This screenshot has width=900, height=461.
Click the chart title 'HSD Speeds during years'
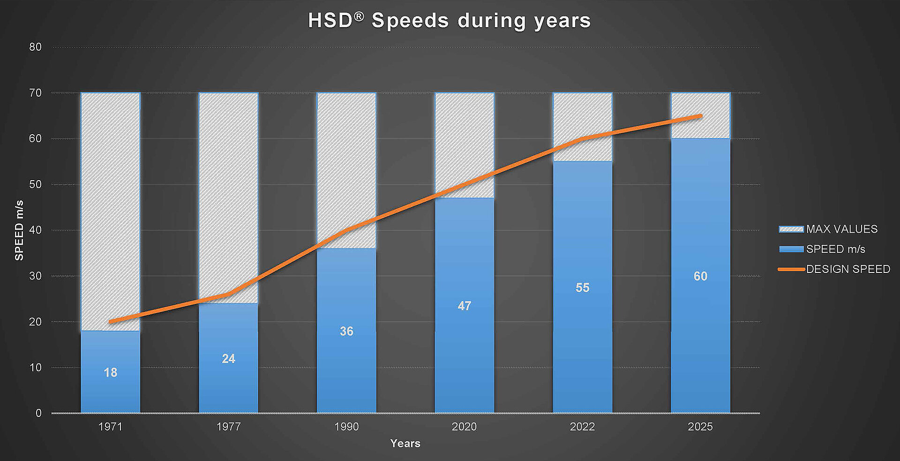[449, 21]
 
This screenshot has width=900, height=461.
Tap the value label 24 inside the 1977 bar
[228, 359]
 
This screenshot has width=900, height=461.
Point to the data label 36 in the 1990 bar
[346, 332]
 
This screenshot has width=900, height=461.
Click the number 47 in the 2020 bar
[465, 306]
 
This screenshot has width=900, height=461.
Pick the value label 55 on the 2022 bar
[582, 288]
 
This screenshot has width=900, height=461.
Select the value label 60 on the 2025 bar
[700, 276]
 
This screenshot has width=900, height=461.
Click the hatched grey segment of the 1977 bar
[228, 188]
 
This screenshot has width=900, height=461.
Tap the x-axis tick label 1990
[346, 427]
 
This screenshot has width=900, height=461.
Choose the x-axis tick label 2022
[582, 427]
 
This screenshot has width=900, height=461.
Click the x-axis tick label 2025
[700, 427]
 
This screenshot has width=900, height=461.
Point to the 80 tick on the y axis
[35, 47]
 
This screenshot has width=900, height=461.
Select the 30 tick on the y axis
[35, 276]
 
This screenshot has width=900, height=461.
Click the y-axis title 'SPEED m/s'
[19, 230]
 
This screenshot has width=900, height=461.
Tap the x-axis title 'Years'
[405, 444]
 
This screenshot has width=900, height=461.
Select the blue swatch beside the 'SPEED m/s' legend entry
[791, 249]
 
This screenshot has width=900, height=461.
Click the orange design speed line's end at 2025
[701, 116]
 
